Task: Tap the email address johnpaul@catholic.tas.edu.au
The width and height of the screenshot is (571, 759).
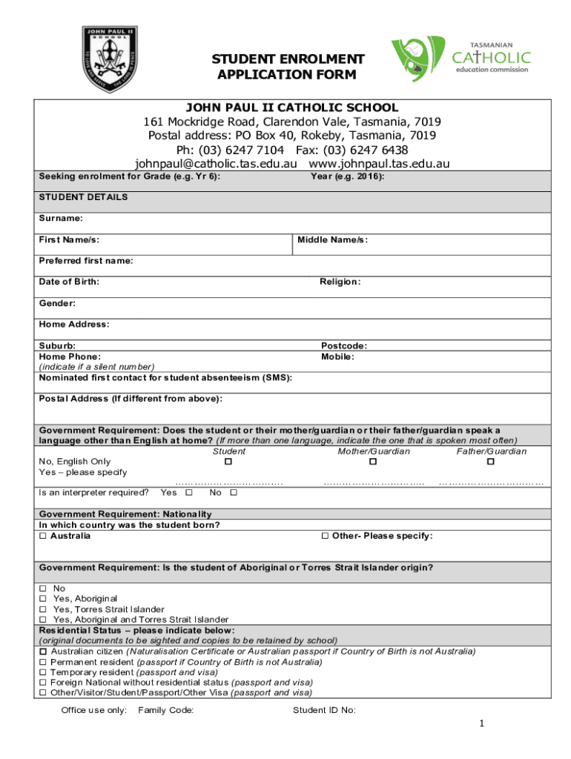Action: tap(216, 164)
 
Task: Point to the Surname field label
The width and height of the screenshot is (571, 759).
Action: tap(61, 219)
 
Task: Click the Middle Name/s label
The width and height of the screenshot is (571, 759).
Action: tap(333, 240)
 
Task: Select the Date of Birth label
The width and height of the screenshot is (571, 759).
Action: tap(69, 282)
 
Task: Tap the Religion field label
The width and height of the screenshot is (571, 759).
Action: tap(340, 282)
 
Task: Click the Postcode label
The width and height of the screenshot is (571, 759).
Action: tap(344, 345)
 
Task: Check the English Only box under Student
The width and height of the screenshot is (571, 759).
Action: tap(228, 462)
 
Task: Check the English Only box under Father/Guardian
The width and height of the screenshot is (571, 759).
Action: tap(490, 462)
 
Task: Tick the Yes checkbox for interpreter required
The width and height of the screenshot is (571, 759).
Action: tap(189, 492)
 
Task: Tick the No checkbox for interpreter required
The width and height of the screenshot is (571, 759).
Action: tap(234, 492)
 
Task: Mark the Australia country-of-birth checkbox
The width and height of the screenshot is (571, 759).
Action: tap(43, 536)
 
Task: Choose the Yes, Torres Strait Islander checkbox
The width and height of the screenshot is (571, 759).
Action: tap(43, 609)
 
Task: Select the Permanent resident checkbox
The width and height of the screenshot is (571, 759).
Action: tap(43, 661)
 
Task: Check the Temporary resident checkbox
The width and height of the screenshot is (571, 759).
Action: tap(43, 672)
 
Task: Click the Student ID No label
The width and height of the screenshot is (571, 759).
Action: tap(324, 710)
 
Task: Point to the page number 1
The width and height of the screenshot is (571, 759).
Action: tap(481, 724)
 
